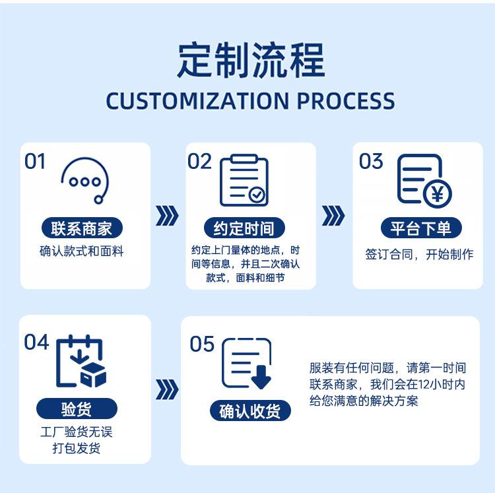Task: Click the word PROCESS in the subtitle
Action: [345, 101]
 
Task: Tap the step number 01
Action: [35, 162]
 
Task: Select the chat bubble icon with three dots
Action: [84, 179]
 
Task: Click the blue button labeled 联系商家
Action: [81, 228]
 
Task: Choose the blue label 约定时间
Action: [244, 228]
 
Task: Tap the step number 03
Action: [371, 162]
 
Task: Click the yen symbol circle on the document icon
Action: [436, 193]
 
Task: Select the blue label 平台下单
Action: [420, 228]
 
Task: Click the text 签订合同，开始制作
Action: [419, 255]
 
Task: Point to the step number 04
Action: [37, 343]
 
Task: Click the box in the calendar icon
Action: [94, 374]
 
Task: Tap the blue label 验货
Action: [77, 409]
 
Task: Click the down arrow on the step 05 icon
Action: [261, 376]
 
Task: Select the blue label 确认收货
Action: [250, 411]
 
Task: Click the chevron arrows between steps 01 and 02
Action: [167, 216]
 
